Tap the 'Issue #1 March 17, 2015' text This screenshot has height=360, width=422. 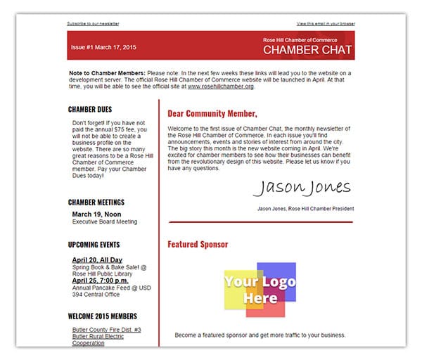103,47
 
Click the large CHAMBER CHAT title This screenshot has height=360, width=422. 307,51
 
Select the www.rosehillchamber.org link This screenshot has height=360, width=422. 220,86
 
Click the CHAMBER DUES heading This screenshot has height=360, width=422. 90,110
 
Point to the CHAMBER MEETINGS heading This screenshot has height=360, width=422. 96,202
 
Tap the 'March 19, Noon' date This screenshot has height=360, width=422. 96,214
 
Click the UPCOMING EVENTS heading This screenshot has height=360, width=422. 94,245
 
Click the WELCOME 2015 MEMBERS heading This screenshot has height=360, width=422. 103,316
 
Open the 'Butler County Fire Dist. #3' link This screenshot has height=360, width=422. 106,329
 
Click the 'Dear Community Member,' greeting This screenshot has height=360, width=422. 212,113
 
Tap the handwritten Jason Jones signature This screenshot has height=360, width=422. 301,188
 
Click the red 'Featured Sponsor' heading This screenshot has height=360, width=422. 198,245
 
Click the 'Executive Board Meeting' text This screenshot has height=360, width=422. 105,221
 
